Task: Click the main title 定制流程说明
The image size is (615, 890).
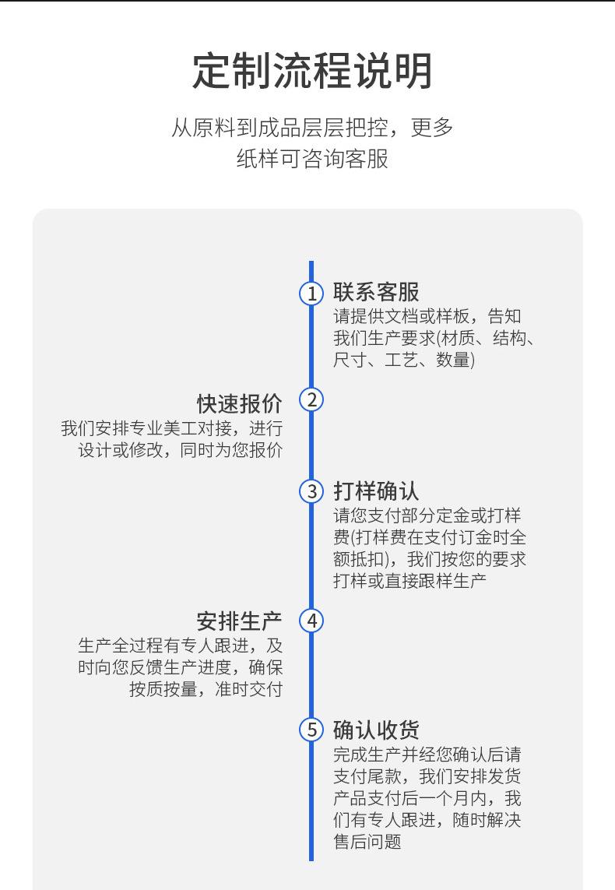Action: [x=312, y=71]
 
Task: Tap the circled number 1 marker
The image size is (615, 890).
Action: [x=311, y=294]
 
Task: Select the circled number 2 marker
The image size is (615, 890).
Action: [x=311, y=400]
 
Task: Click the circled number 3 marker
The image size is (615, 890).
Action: [x=311, y=491]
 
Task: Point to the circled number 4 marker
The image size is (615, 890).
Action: [x=311, y=621]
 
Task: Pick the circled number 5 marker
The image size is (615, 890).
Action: [x=311, y=730]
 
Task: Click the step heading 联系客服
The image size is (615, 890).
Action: [x=376, y=293]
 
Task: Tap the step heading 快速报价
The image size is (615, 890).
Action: [x=239, y=403]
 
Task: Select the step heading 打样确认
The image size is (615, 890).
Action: [x=376, y=491]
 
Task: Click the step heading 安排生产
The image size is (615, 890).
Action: [x=239, y=621]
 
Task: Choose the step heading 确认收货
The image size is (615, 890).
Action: [x=376, y=730]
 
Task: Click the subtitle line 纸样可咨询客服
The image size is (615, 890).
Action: [x=312, y=159]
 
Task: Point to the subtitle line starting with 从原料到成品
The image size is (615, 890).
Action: [x=312, y=127]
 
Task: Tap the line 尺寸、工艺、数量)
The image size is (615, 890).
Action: [x=404, y=360]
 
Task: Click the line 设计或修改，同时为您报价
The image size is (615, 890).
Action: [x=180, y=451]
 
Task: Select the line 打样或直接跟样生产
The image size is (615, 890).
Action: [x=410, y=581]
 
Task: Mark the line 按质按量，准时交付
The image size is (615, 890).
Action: [x=206, y=689]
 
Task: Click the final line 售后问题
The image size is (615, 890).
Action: [x=367, y=842]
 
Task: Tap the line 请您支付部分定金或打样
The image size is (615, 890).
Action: [x=427, y=515]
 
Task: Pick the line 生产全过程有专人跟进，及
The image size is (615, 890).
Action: [x=180, y=646]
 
